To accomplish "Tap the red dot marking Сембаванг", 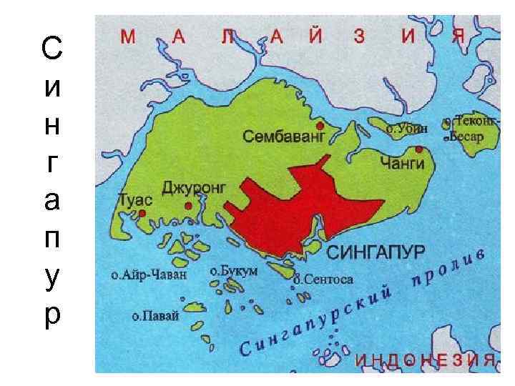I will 321,124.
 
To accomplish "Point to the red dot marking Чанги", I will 418,149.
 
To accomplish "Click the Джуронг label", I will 194,187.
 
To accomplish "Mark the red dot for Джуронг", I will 188,206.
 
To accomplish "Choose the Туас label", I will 134,199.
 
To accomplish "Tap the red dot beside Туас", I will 142,213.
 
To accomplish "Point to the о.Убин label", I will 407,129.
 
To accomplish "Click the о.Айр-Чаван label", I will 149,274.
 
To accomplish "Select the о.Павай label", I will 155,315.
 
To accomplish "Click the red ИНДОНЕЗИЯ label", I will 426,358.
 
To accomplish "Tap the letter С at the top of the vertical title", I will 51,49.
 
